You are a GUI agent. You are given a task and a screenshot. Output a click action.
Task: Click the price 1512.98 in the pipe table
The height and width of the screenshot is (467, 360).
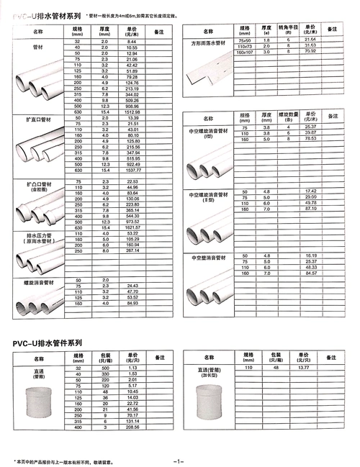pyautogui.click(x=131, y=112)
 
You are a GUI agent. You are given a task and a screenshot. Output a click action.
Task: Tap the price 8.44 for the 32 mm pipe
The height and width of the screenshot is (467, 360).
pyautogui.click(x=131, y=43)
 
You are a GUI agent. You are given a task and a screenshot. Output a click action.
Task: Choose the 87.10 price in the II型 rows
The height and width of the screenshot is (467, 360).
pyautogui.click(x=311, y=209)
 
